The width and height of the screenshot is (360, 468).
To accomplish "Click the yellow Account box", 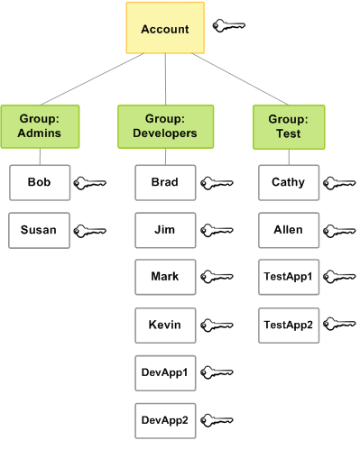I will [x=165, y=29].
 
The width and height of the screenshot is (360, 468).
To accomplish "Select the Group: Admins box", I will [x=39, y=126].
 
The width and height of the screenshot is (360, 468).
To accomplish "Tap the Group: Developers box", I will [x=165, y=126].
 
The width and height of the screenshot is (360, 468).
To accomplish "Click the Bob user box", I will [x=39, y=182].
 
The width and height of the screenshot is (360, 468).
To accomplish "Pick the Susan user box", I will [x=39, y=230].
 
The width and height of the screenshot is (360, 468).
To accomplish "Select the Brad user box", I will [x=165, y=182].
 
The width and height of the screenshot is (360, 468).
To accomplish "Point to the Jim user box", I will [x=165, y=230].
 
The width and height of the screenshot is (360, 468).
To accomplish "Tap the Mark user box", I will [x=165, y=277].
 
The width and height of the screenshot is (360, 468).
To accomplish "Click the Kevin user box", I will [x=165, y=325].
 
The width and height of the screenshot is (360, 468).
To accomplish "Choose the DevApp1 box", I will [x=165, y=372].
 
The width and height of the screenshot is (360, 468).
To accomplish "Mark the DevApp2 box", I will [x=165, y=419].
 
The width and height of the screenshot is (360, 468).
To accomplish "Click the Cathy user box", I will [x=289, y=182].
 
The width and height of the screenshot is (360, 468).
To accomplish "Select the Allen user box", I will [x=289, y=230].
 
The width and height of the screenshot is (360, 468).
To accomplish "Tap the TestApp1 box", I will [x=289, y=277].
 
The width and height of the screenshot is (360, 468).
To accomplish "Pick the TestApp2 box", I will [x=289, y=325].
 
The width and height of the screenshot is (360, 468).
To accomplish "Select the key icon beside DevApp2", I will [x=217, y=420].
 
